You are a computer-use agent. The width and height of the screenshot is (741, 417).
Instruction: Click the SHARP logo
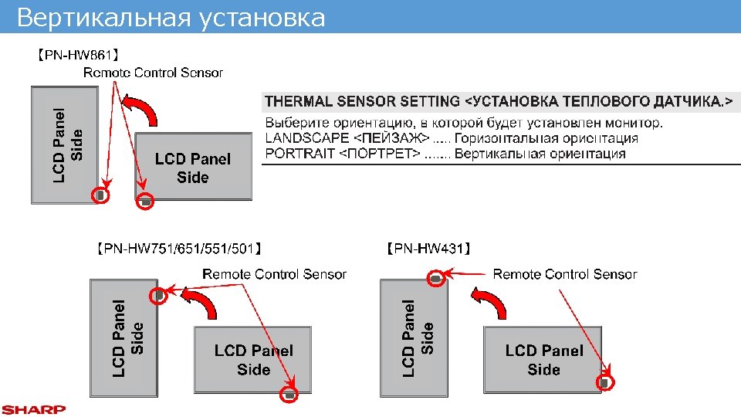coord(33,409)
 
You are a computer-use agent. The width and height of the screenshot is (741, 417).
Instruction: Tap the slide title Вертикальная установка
coord(171,17)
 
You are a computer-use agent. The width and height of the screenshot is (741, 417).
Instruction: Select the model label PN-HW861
coord(76,55)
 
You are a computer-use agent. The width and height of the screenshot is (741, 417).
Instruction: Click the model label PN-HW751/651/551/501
coord(181,249)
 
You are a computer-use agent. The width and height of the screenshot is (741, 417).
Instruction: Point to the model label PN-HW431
coord(428,249)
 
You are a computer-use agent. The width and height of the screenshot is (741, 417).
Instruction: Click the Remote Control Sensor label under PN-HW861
coord(153,73)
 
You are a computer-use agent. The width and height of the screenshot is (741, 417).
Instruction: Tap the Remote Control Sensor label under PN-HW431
coord(565,274)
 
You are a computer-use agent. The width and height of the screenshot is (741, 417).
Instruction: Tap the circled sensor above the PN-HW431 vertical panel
coord(436,278)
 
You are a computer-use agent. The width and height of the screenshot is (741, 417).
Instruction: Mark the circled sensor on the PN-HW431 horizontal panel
coord(606,381)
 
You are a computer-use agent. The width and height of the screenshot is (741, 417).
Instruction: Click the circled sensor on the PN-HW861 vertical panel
coord(100,195)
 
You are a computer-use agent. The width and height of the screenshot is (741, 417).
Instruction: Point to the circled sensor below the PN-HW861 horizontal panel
coord(146,202)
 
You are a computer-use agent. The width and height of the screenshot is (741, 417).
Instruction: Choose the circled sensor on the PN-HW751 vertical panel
coord(158,295)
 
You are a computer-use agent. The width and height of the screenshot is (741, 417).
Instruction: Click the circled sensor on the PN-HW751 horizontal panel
coord(289,394)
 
